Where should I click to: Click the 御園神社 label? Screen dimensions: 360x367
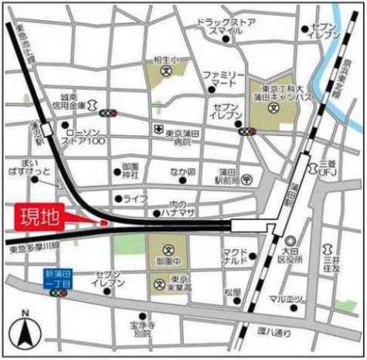click(131, 171)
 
